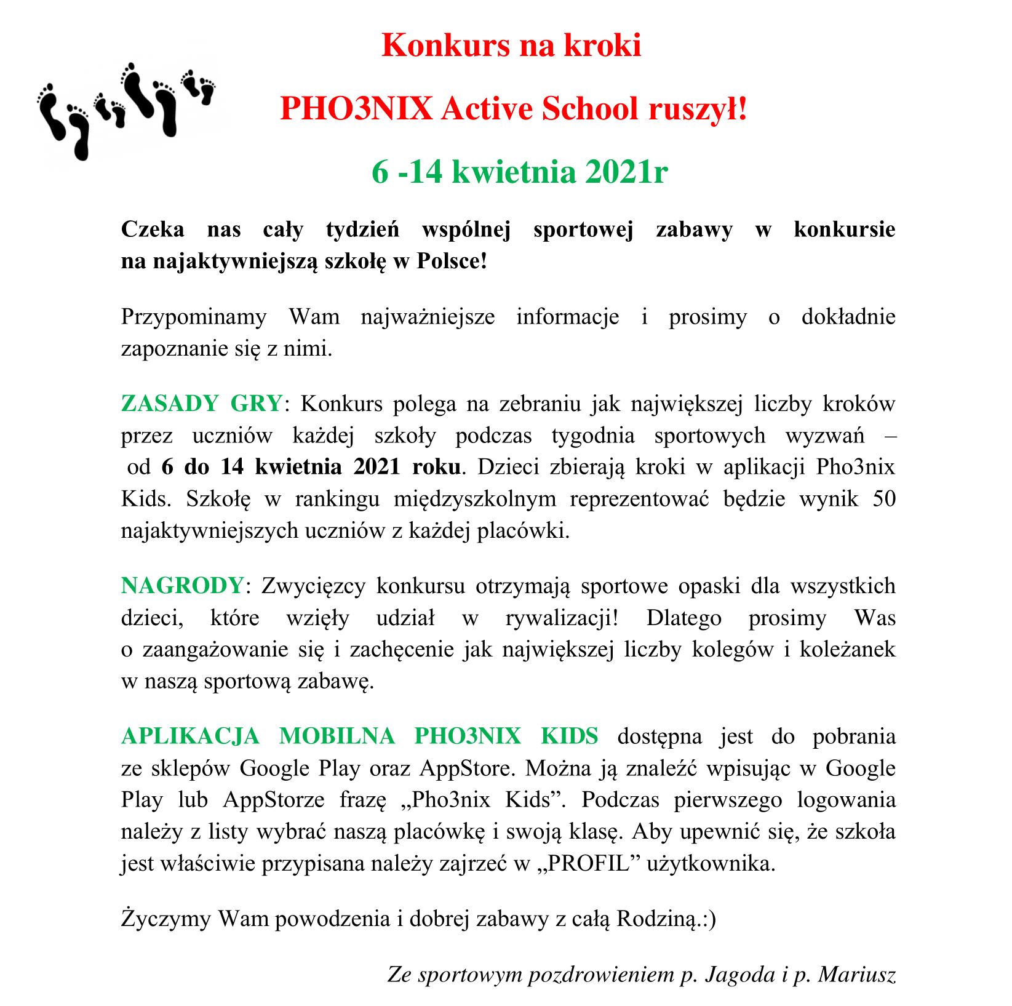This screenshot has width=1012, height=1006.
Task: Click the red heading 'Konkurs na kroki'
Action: [511, 46]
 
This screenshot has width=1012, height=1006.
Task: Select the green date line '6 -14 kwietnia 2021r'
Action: [519, 172]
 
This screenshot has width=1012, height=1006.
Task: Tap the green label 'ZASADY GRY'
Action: [202, 404]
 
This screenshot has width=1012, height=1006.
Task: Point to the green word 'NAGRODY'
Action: [182, 585]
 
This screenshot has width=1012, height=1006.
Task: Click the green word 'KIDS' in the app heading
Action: [569, 735]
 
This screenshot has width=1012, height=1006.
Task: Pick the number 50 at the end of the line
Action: [883, 498]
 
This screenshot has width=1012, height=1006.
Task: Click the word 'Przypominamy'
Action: [194, 317]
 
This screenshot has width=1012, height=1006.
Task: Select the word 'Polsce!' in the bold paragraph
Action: [452, 261]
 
